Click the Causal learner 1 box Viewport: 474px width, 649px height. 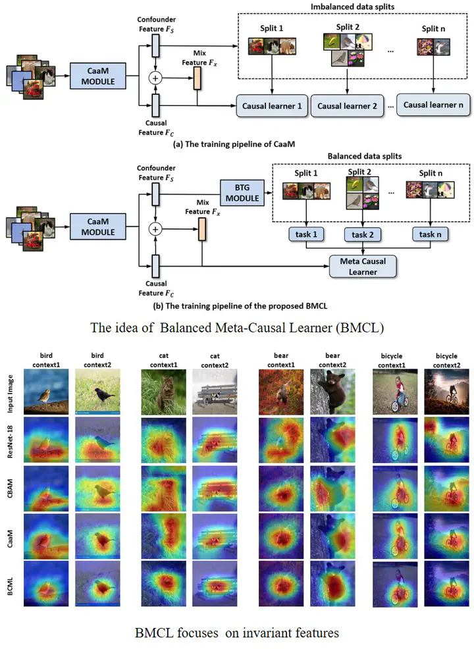click(x=272, y=105)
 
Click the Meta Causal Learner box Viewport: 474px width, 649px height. click(x=363, y=265)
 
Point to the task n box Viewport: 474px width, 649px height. click(x=431, y=235)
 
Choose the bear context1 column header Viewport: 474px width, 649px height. click(x=277, y=359)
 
